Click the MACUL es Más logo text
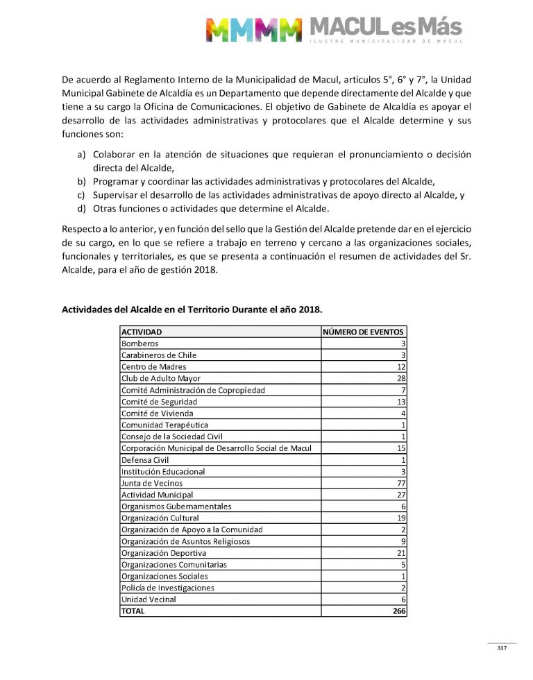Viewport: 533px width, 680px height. point(385,28)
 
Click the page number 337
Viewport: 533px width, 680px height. point(502,648)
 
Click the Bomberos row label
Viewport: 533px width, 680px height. point(139,343)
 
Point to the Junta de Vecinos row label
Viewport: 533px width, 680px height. point(150,483)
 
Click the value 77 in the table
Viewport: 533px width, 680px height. point(400,483)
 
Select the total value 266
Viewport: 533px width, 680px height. point(399,611)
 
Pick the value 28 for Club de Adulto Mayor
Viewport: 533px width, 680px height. point(400,378)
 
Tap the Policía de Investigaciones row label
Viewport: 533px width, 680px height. point(167,588)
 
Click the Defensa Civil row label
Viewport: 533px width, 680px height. point(145,460)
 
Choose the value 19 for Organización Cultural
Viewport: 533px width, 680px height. point(400,518)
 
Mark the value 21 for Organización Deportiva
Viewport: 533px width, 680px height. point(400,553)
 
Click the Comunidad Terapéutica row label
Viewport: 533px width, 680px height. point(164,425)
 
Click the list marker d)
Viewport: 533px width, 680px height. point(81,209)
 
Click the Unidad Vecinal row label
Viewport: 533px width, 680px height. point(149,600)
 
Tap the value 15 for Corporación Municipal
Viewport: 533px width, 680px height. point(400,448)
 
